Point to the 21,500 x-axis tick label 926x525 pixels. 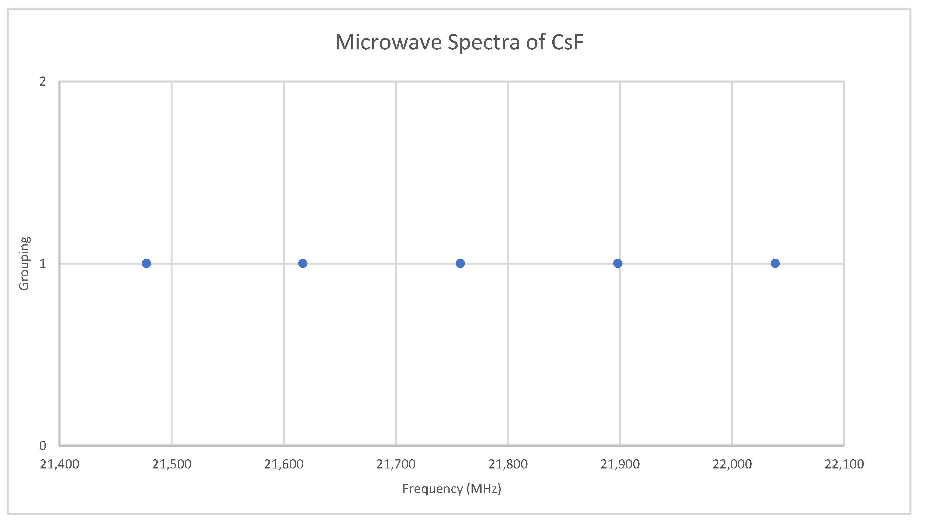(x=171, y=464)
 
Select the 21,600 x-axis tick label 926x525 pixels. (x=284, y=464)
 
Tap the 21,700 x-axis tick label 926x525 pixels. (x=396, y=464)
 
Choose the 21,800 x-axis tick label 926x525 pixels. (x=508, y=464)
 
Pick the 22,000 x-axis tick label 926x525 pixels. (x=732, y=464)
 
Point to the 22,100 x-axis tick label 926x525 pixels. (x=844, y=464)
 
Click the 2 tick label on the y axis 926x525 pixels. (x=43, y=82)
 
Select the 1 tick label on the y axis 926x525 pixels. (x=43, y=263)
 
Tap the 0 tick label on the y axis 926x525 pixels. (x=43, y=446)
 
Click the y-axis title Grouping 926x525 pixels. (x=24, y=263)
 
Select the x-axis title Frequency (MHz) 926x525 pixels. (x=452, y=489)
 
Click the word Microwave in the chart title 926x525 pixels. (x=389, y=42)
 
